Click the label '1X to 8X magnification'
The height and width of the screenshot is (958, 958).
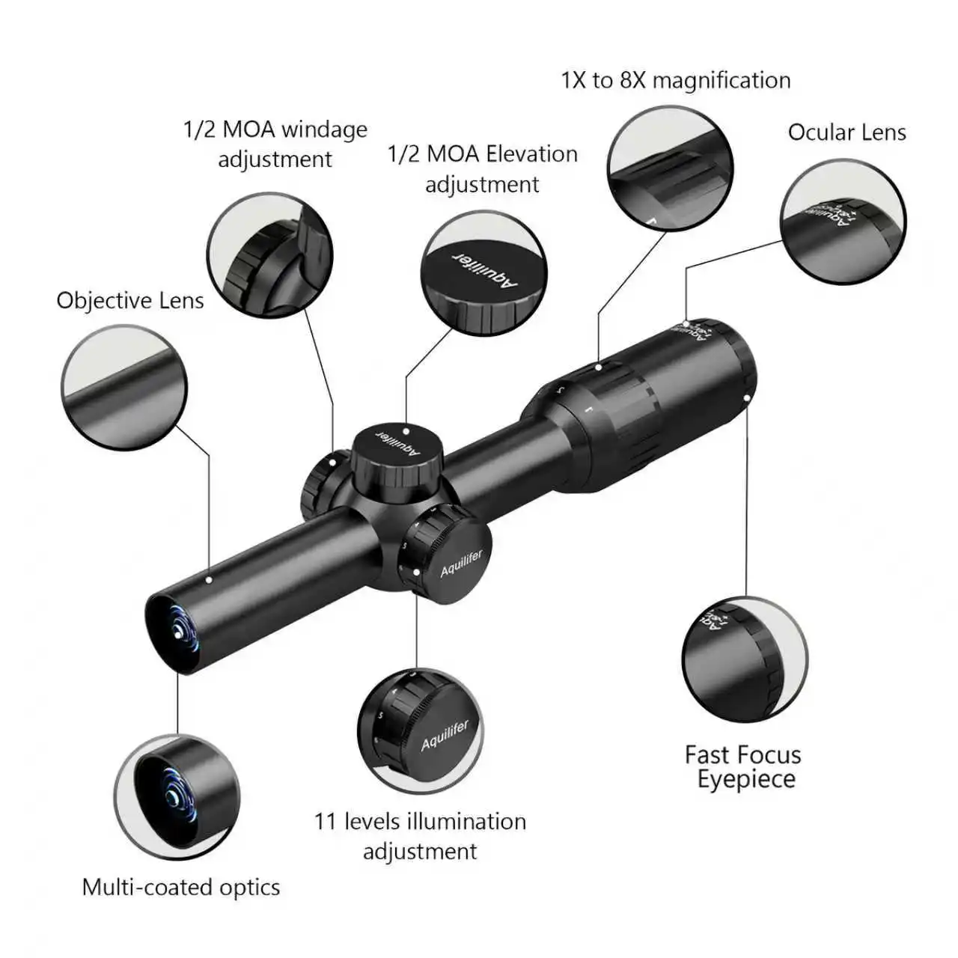(675, 80)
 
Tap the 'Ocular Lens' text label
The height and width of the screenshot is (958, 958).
(846, 132)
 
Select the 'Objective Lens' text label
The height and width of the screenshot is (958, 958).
(130, 301)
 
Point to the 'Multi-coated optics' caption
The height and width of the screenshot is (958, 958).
(181, 888)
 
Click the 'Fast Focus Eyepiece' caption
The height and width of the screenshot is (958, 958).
(742, 766)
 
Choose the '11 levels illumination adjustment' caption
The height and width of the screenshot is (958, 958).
(420, 836)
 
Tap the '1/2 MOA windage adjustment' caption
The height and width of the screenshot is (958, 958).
(275, 144)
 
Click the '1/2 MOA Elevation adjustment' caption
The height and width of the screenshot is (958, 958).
(483, 168)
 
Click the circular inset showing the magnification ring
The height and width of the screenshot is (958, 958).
(669, 168)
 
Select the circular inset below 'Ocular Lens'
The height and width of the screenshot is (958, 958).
(843, 222)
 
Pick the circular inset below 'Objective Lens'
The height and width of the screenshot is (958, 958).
(124, 388)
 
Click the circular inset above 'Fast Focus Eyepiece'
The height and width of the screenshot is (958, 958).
(745, 659)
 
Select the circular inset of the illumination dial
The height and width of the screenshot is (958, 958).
(420, 730)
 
